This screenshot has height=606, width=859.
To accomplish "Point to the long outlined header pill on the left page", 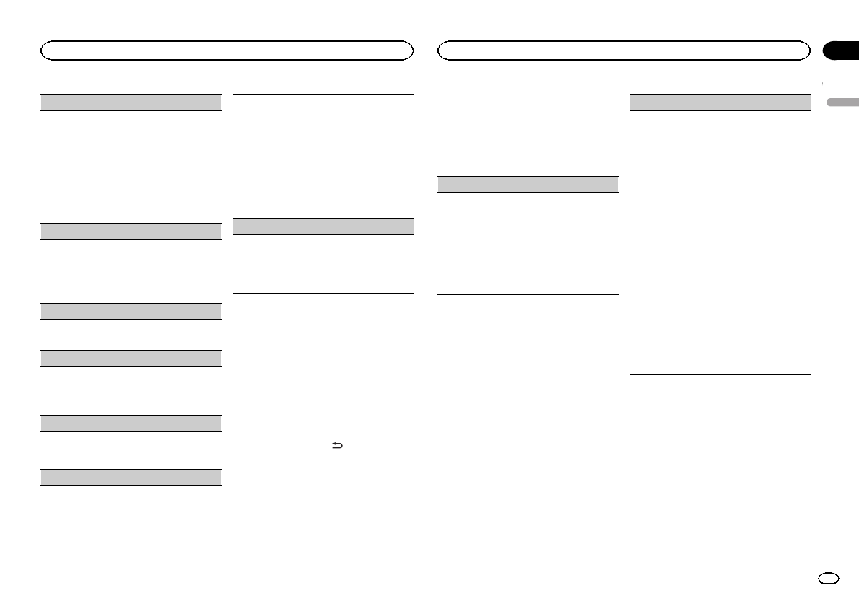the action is click(x=227, y=50).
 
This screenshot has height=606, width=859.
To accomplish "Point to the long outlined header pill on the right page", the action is click(x=624, y=50).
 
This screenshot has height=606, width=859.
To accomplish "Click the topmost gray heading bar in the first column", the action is click(x=130, y=102).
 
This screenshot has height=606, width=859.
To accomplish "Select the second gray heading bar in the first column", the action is click(x=130, y=232).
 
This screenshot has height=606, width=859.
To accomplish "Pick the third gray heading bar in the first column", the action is click(x=130, y=312).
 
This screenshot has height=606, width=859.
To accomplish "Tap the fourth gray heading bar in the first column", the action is click(x=130, y=359).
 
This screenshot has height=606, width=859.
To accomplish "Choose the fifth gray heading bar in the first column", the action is click(x=130, y=423).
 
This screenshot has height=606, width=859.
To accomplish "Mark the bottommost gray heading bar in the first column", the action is click(x=130, y=477).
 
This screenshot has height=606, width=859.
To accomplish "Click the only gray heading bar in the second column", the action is click(x=324, y=227).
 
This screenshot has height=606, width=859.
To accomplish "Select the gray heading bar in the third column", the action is click(x=528, y=184).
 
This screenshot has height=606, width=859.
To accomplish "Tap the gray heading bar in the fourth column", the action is click(x=720, y=102).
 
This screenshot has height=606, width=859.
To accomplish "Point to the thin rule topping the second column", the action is click(x=324, y=94).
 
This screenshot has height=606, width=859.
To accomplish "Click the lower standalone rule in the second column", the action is click(x=324, y=293).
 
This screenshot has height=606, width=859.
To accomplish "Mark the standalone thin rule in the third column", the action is click(x=528, y=294).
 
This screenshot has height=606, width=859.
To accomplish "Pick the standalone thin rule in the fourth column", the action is click(x=720, y=374).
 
